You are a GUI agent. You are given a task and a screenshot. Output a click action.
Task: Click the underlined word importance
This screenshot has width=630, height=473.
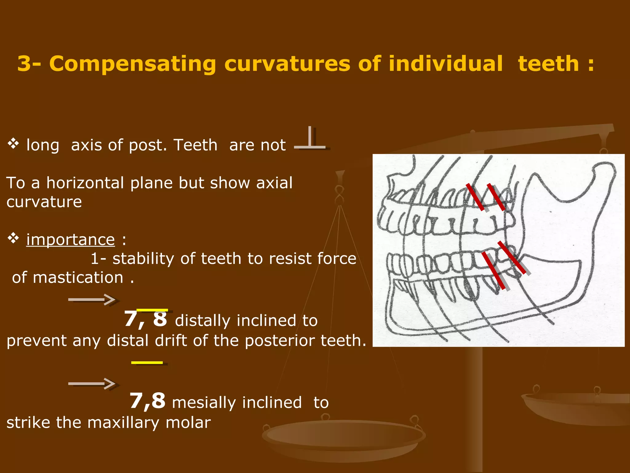(x=70, y=240)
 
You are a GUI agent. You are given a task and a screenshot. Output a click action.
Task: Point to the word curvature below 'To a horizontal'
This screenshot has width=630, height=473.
(x=44, y=202)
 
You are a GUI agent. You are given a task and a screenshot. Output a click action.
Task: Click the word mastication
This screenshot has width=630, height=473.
(x=78, y=277)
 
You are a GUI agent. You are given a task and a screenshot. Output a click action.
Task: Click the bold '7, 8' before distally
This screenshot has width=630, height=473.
(x=146, y=319)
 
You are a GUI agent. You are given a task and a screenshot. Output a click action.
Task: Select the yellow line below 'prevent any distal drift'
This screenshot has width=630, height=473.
(x=147, y=362)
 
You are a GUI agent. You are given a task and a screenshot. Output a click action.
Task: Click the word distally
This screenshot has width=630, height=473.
(x=202, y=321)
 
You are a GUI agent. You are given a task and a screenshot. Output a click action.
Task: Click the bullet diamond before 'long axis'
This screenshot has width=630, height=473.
(x=14, y=144)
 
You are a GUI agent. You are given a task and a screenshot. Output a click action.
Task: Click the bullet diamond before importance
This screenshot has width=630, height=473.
(x=14, y=238)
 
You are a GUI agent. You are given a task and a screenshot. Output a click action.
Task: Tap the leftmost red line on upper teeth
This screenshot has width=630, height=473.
(x=475, y=197)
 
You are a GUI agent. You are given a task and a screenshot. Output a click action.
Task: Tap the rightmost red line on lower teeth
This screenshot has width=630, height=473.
(x=511, y=258)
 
